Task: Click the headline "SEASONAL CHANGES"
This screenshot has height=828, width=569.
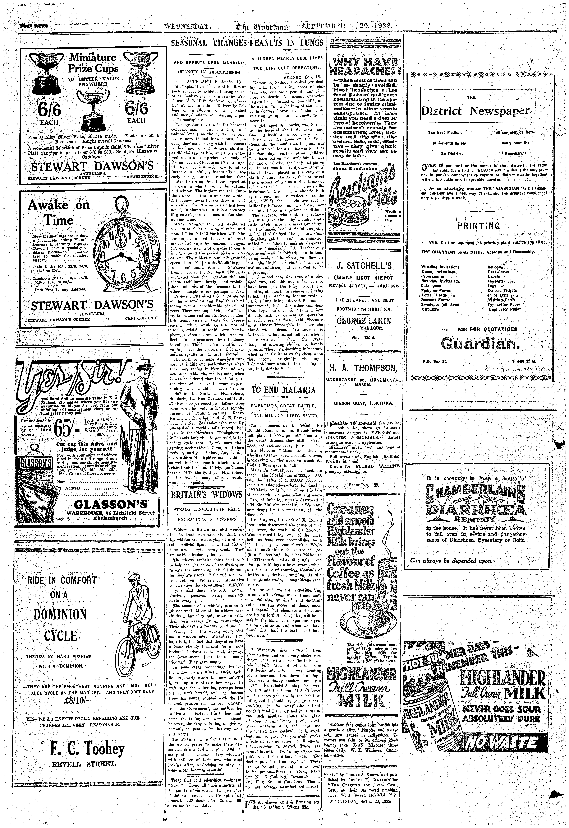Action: (x=208, y=43)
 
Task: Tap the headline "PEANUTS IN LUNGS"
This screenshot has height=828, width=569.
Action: (x=287, y=43)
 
